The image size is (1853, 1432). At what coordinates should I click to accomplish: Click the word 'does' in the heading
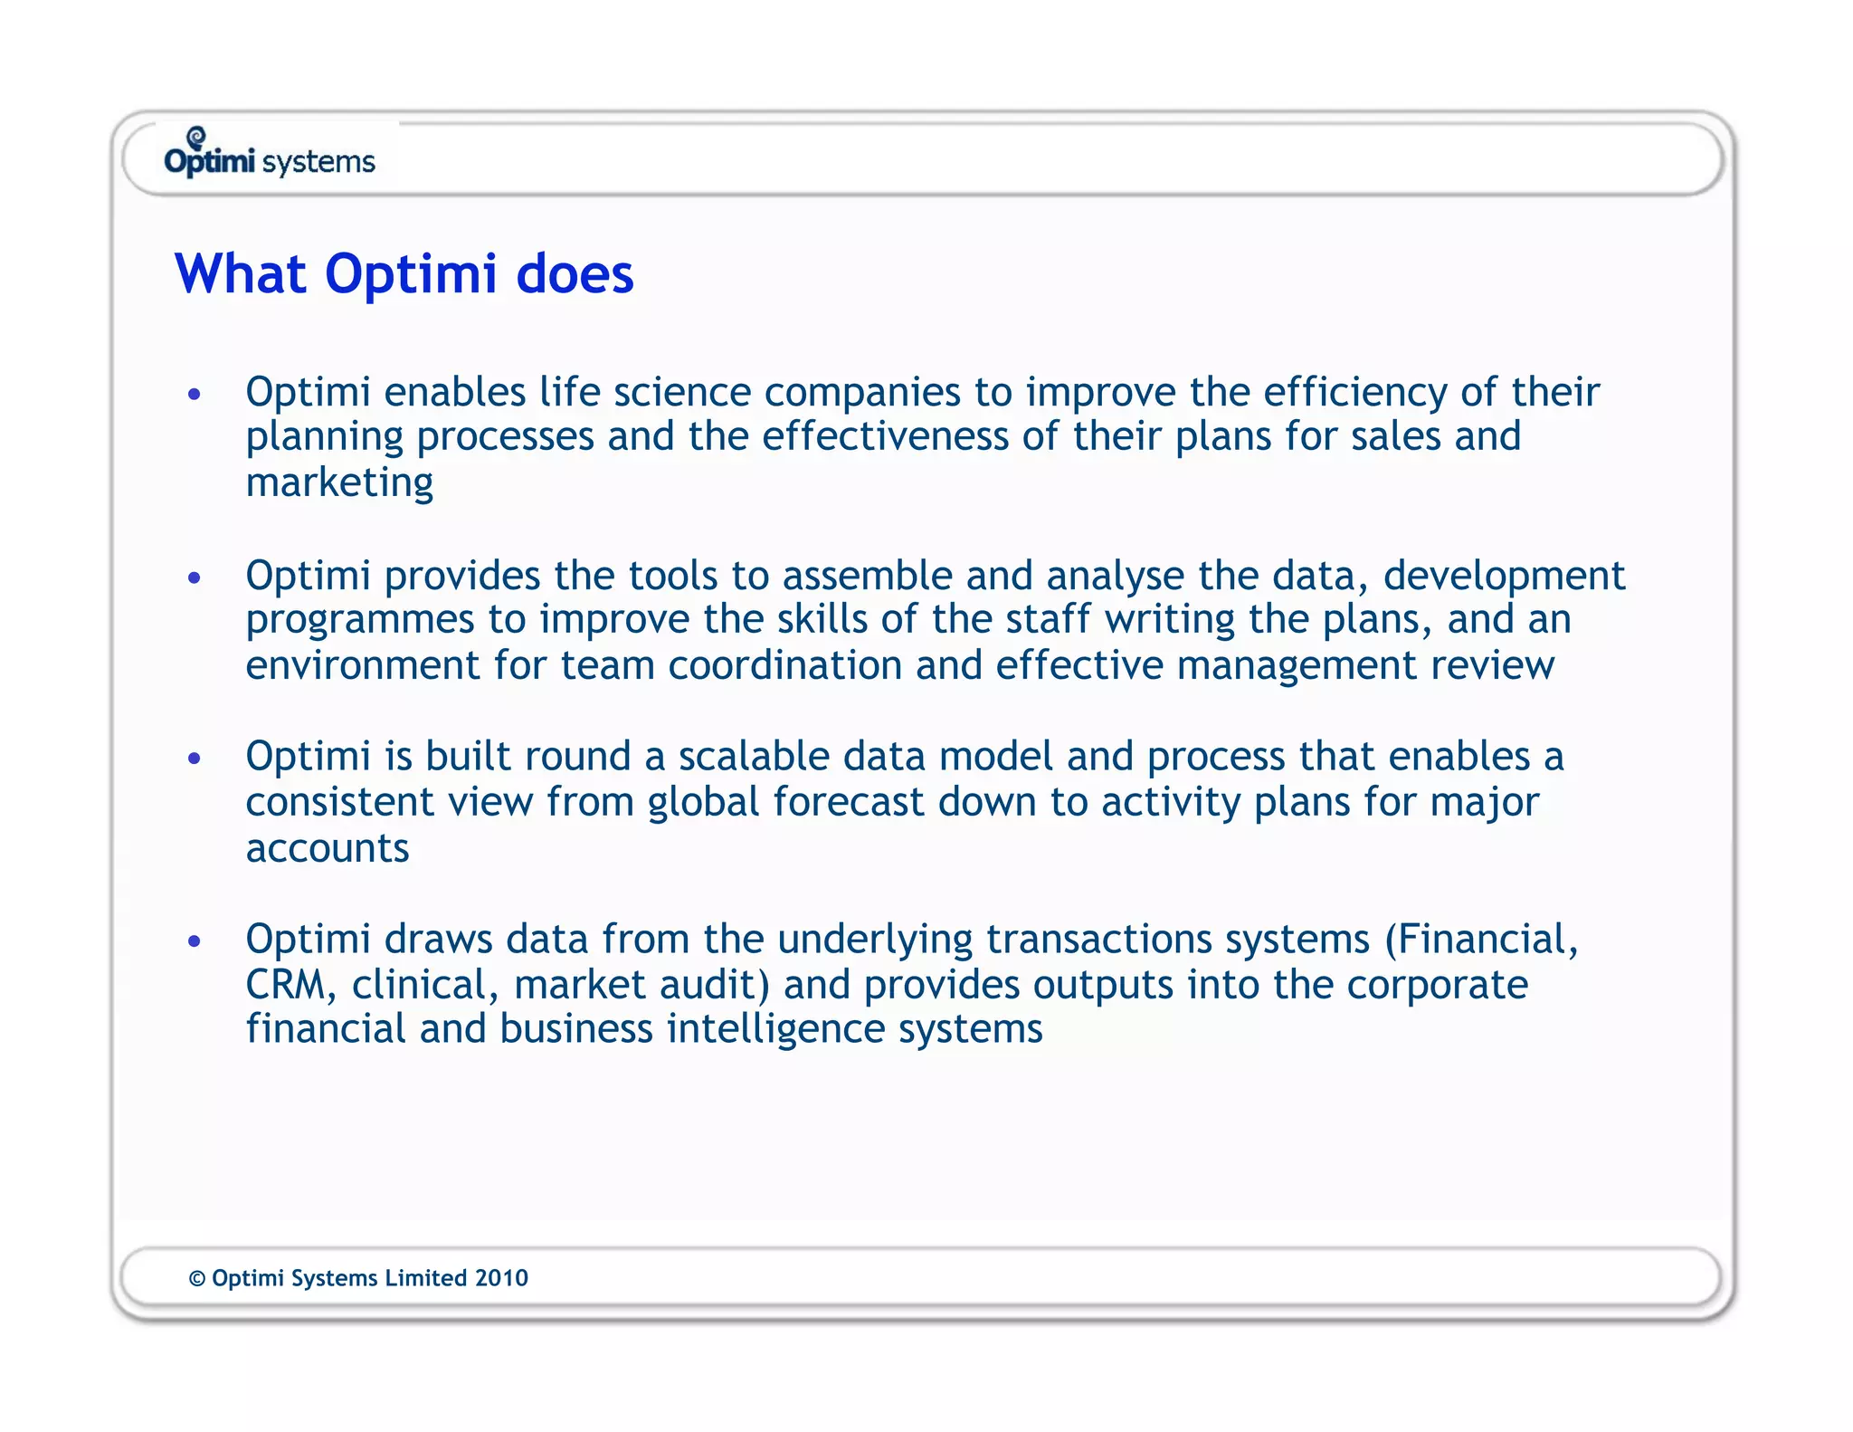(575, 274)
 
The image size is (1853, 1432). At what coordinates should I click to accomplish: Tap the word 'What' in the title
(241, 274)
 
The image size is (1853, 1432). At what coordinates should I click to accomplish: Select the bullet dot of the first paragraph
(194, 395)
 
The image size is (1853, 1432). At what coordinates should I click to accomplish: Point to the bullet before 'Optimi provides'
(194, 578)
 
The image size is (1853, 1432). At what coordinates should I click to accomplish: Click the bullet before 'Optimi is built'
(194, 758)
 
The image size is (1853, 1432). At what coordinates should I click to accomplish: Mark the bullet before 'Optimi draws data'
(194, 941)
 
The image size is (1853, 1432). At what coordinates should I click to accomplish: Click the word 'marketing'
(339, 482)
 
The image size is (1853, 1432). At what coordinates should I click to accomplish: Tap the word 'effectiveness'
(884, 436)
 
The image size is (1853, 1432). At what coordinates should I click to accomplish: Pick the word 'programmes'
(359, 621)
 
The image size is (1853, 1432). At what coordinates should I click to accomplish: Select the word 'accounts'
(328, 849)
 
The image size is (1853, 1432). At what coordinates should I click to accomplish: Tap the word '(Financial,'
(1481, 940)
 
